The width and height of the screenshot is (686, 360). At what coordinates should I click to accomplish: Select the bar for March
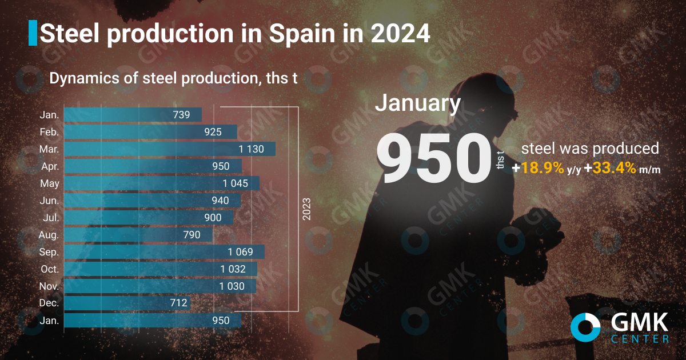pyautogui.click(x=169, y=149)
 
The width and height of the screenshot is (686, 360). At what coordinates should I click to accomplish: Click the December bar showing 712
pyautogui.click(x=126, y=303)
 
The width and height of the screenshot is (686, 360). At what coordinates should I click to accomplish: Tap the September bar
pyautogui.click(x=164, y=252)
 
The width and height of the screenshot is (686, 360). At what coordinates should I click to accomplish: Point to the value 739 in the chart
pyautogui.click(x=181, y=115)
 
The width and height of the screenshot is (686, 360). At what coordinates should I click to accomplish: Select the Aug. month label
pyautogui.click(x=49, y=235)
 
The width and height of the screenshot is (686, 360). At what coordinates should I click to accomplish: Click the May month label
pyautogui.click(x=49, y=183)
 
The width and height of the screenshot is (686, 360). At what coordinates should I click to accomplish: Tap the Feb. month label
pyautogui.click(x=49, y=132)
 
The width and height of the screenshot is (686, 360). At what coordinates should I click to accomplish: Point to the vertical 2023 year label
pyautogui.click(x=307, y=209)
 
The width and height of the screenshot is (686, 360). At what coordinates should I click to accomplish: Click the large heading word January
pyautogui.click(x=417, y=103)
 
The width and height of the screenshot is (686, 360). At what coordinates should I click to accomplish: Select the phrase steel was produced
pyautogui.click(x=590, y=149)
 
